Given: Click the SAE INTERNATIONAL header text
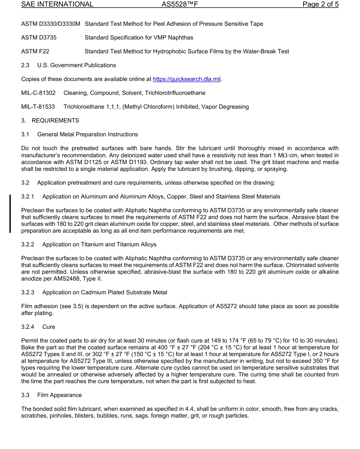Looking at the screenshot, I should [x=57, y=5].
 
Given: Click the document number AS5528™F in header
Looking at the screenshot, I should [x=180, y=5].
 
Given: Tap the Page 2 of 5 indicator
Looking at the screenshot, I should [x=320, y=5].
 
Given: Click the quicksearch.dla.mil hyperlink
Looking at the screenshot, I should [x=186, y=79].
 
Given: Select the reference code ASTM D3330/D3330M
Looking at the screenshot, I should [x=51, y=24].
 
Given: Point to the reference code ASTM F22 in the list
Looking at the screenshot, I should [x=35, y=52].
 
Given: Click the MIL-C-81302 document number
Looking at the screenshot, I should [x=38, y=93].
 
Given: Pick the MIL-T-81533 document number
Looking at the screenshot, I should [x=38, y=107].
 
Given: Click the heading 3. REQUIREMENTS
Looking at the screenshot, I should [x=50, y=120].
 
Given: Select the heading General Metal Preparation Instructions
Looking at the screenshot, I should [x=88, y=135].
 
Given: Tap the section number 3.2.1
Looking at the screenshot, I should [x=28, y=197].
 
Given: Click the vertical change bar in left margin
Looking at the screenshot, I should [x=10, y=213].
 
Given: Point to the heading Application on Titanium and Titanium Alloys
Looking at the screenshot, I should [x=99, y=244].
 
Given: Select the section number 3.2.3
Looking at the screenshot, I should [x=28, y=293].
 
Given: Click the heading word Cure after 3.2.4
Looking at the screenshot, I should [x=49, y=327].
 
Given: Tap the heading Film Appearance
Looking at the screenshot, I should [x=59, y=395].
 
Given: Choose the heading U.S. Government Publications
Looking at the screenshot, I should [x=77, y=65].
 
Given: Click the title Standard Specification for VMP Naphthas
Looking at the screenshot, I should [x=139, y=38].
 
